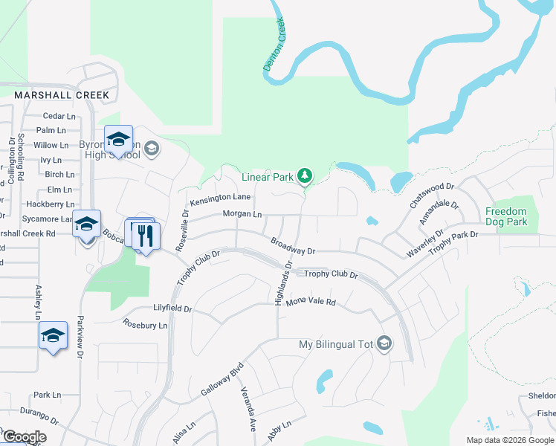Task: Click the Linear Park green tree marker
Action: tap(304, 176)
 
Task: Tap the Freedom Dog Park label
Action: tap(506, 216)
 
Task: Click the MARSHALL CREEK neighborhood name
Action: tap(62, 95)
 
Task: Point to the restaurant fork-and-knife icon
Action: tap(146, 236)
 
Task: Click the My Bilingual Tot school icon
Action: tap(384, 343)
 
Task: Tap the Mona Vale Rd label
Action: tap(311, 303)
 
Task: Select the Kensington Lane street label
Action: tap(220, 199)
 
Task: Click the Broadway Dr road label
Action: tap(293, 245)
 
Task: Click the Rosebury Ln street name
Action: tap(145, 325)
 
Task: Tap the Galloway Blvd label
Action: tap(222, 381)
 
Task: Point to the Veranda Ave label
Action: tap(248, 404)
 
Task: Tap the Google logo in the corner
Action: tap(24, 437)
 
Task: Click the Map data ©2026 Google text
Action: tap(509, 440)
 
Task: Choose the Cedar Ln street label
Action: tap(59, 116)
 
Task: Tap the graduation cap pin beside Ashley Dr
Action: tap(53, 336)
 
